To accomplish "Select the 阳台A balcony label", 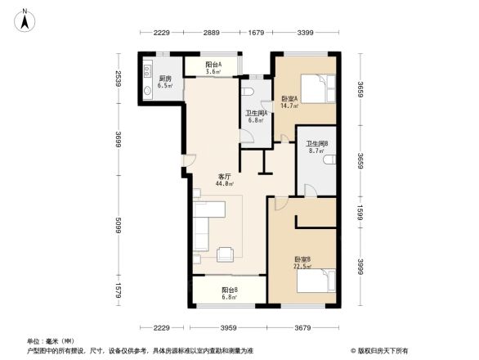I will pos(214,65).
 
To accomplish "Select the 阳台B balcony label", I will pos(230,290).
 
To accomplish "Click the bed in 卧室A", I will pos(317,87).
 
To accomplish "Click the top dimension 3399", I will pos(306,33).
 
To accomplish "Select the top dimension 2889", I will pos(213,33).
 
